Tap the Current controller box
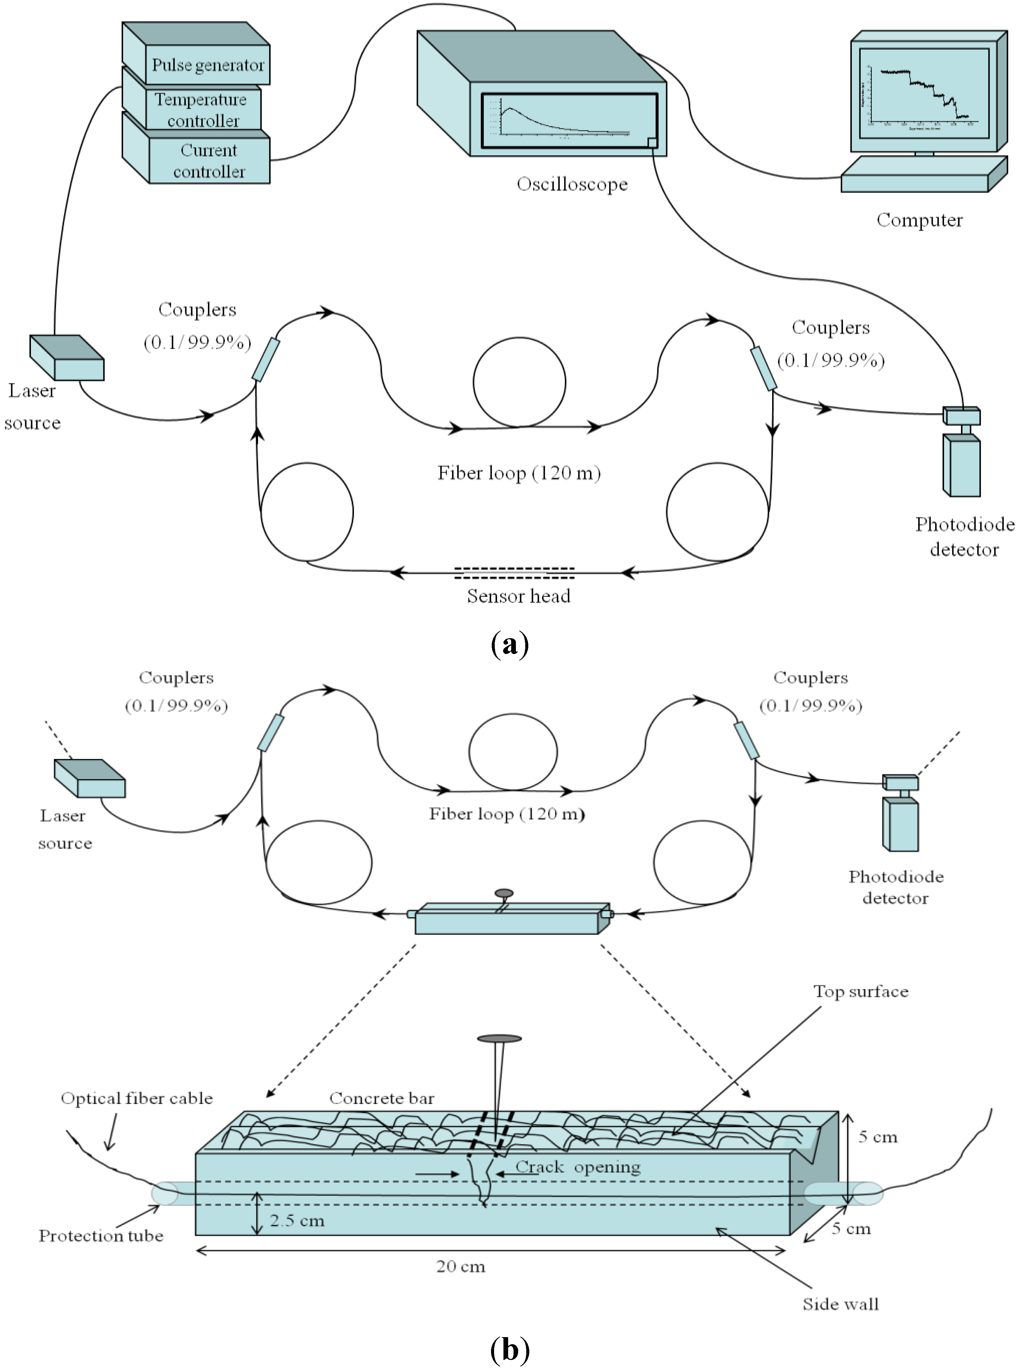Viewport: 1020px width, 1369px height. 209,160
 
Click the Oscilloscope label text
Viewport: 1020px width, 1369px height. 572,184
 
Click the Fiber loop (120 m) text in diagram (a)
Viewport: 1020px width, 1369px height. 519,473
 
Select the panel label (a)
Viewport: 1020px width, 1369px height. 509,644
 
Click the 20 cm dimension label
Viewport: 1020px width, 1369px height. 461,1267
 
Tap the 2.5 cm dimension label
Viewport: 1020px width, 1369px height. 297,1220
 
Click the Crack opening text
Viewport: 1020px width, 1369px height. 578,1166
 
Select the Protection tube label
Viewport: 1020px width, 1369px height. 101,1235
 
